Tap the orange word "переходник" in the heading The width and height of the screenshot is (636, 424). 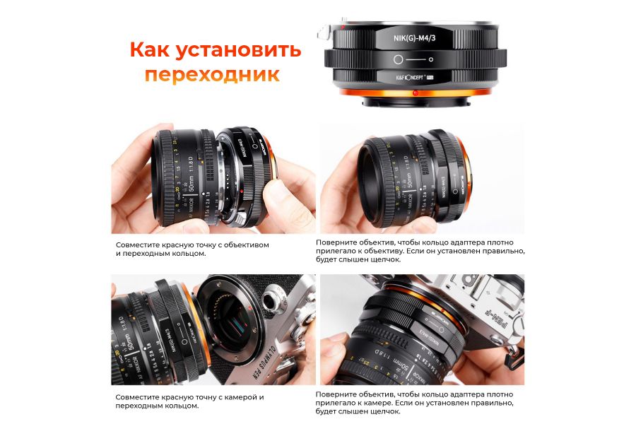(212, 75)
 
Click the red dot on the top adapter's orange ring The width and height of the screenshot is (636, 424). (416, 93)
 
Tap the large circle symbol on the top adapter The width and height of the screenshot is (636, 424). (399, 60)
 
